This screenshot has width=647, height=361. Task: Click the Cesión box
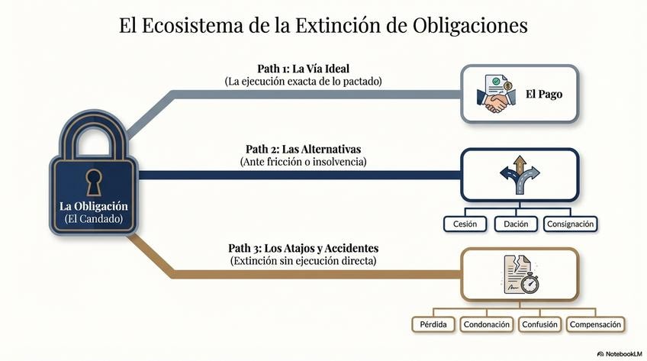coord(465,224)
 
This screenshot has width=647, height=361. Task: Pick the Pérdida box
coord(433,324)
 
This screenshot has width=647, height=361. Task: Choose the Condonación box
coord(486,324)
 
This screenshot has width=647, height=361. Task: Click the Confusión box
coord(539,324)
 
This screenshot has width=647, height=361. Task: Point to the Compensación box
coord(596,324)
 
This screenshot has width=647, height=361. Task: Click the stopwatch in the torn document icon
coord(525,282)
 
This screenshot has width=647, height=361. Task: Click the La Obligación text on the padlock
coord(94,206)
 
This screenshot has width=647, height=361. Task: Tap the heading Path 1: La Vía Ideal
coord(303,67)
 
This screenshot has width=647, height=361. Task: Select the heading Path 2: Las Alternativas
coord(303,148)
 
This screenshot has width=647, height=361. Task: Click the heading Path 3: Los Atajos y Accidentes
coord(303,248)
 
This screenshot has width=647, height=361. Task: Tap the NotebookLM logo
coord(619,353)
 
